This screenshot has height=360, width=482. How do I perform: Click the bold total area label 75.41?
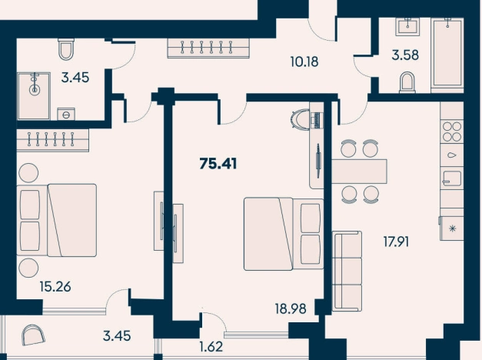click(x=218, y=164)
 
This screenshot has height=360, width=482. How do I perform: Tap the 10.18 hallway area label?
click(x=304, y=62)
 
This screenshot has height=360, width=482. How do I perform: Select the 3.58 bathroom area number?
click(x=405, y=55)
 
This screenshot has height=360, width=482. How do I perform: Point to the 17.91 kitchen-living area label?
click(x=396, y=242)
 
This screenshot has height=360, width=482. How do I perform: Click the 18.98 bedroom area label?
click(x=291, y=308)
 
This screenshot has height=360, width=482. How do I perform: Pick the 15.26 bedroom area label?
click(x=55, y=287)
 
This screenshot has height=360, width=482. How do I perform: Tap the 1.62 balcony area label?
click(x=211, y=347)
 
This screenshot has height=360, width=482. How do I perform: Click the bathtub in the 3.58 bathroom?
click(x=447, y=55)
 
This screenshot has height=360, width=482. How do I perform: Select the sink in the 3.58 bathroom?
click(x=407, y=26)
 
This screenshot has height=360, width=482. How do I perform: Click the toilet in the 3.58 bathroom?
click(x=407, y=82)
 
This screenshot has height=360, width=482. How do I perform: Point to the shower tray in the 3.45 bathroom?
click(x=34, y=96)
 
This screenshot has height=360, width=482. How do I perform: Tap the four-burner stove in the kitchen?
click(x=451, y=132)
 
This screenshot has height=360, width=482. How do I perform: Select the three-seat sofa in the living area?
click(x=347, y=271)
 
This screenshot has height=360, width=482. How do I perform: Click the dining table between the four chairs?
click(x=359, y=172)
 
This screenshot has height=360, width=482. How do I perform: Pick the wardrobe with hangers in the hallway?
click(x=208, y=48)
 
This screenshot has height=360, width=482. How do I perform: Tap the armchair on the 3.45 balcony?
click(x=34, y=335)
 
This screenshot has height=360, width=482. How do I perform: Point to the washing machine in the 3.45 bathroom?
click(x=66, y=114)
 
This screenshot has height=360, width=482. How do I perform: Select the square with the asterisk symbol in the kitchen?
click(x=452, y=228)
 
